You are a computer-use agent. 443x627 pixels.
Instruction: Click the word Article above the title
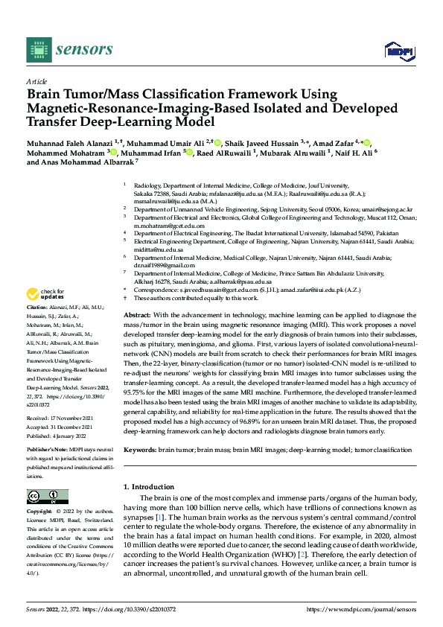click(36, 81)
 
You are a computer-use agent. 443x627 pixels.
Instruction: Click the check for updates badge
click(47, 293)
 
